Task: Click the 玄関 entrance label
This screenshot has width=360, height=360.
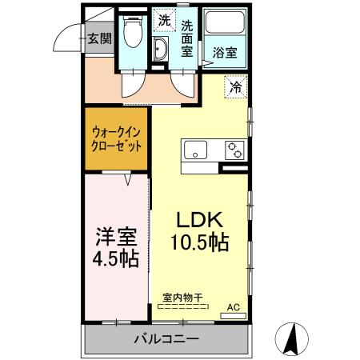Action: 99,38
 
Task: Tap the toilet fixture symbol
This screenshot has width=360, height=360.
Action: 133,34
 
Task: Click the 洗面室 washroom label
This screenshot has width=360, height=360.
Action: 186,38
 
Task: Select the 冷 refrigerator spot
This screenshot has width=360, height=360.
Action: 237,85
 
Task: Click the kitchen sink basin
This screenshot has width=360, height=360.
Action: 195,149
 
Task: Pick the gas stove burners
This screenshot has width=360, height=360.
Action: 234,149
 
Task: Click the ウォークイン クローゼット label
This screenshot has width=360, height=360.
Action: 117,140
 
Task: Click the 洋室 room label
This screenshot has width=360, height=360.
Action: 117,238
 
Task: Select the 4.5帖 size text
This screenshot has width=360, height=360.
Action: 117,259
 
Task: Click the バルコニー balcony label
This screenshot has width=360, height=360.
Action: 165,339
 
